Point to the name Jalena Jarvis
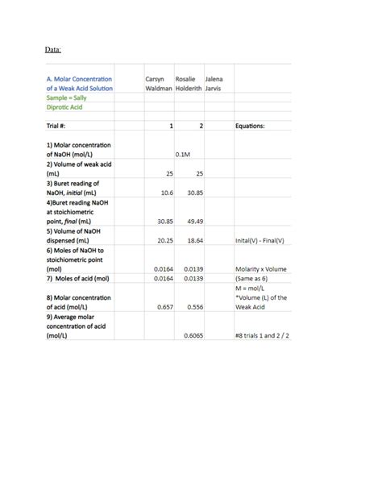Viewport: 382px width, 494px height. (214, 83)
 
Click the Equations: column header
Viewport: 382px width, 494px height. (254, 126)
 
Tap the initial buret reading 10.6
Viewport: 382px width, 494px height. (166, 193)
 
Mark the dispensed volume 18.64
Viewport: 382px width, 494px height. (194, 240)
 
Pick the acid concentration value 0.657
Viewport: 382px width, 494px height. (166, 306)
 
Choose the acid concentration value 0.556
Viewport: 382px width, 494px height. (194, 306)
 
